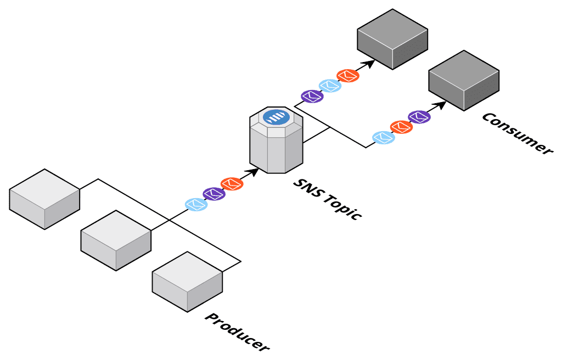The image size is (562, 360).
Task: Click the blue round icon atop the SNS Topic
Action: (276, 116)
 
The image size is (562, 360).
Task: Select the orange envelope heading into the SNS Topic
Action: (232, 183)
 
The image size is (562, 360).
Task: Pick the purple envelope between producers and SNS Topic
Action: (214, 194)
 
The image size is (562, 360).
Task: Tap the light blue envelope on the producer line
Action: (196, 204)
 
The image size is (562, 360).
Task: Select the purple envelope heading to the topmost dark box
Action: (312, 97)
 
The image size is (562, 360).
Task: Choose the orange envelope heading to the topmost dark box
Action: (347, 75)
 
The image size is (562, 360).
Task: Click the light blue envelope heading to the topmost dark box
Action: (330, 86)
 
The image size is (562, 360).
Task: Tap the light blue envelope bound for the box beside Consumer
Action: (383, 138)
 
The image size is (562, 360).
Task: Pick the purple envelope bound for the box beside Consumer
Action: (419, 116)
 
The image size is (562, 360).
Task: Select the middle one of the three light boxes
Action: (116, 240)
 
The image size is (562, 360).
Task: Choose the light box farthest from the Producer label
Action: (44, 199)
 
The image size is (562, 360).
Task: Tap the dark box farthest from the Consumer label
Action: (392, 39)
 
